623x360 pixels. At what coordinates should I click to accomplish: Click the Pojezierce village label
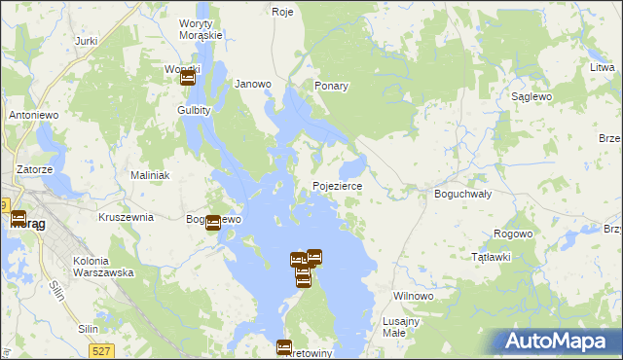pos(338,186)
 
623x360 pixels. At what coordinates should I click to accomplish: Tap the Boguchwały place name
pos(461,194)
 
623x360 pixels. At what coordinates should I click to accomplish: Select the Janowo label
pos(253,84)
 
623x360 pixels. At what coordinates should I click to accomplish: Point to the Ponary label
pos(331,86)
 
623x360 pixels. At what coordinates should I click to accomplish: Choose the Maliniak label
pos(150,175)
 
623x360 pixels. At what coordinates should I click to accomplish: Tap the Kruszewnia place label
pos(126,217)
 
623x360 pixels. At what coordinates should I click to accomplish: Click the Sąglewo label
pos(532,98)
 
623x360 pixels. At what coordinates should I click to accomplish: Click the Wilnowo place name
pos(412,296)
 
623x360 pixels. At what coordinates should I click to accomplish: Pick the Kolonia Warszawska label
pos(103,267)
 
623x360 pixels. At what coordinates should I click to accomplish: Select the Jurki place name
pos(86,42)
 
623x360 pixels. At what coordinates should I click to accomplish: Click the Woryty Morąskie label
pos(202,28)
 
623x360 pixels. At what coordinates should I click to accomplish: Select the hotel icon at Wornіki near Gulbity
pos(188,77)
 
